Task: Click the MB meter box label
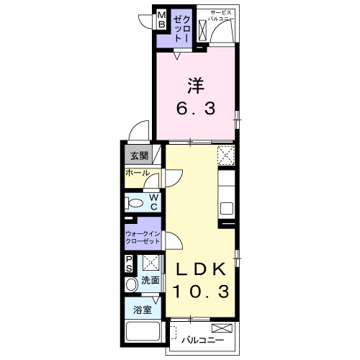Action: tap(162, 20)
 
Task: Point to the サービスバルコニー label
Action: tap(220, 16)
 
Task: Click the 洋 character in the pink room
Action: tap(196, 86)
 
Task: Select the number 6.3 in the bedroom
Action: tap(196, 108)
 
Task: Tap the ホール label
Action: tap(138, 173)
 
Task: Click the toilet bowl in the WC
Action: tap(134, 203)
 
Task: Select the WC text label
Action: tap(154, 202)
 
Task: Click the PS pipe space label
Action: tap(129, 264)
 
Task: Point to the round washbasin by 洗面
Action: tap(131, 284)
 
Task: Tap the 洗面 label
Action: tap(150, 280)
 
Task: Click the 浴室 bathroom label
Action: tap(143, 310)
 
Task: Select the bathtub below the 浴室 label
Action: tap(143, 330)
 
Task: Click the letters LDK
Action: tap(202, 269)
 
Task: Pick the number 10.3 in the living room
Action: tap(201, 291)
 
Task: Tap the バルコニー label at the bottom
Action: tap(203, 340)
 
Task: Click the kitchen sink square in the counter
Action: tap(227, 208)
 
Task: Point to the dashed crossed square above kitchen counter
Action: tap(226, 155)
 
